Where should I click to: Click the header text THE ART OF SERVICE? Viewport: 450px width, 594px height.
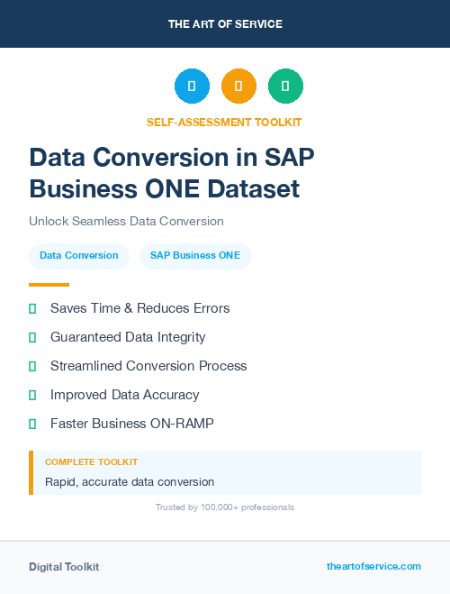point(225,24)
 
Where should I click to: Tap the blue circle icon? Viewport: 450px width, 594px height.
point(192,87)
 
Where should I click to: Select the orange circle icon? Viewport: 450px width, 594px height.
point(238,87)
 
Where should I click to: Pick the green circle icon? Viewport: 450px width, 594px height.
point(285,87)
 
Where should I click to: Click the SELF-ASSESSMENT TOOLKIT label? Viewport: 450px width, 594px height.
point(224,122)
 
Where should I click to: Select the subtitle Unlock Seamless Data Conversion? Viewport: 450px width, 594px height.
point(126,221)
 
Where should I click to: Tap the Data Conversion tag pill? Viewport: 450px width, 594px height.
point(79,255)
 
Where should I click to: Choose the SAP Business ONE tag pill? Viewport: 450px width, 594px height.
point(195,255)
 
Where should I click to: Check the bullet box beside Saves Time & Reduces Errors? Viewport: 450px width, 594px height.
point(32,308)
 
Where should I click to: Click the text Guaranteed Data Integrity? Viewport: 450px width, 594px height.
point(128,337)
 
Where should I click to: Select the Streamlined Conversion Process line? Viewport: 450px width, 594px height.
point(148,366)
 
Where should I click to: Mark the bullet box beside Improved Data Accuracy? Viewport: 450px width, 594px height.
point(32,395)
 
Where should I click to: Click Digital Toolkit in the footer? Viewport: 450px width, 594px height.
point(64,567)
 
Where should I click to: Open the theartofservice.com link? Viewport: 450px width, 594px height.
point(373,566)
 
